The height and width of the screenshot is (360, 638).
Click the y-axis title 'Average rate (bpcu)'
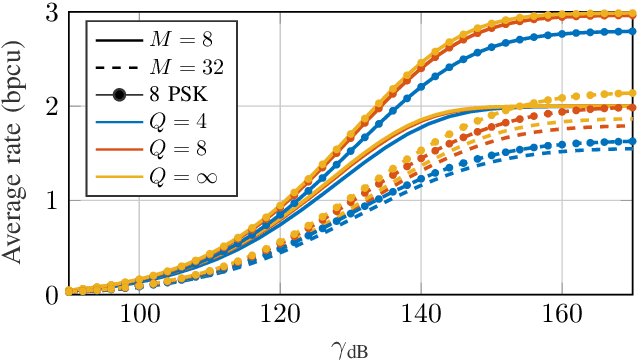click(x=18, y=148)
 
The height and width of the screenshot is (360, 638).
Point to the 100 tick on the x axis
click(x=138, y=313)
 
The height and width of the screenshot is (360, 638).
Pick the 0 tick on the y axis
click(x=51, y=294)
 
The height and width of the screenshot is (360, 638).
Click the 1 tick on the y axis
click(x=51, y=200)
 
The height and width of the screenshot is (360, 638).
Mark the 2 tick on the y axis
click(x=51, y=106)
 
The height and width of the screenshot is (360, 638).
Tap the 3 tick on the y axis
click(x=51, y=12)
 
